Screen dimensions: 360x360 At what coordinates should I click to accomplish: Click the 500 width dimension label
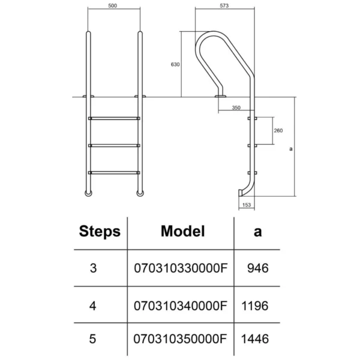(x=113, y=5)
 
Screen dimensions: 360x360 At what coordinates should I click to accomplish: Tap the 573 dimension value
(x=224, y=5)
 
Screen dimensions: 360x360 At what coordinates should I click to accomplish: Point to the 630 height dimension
(x=175, y=65)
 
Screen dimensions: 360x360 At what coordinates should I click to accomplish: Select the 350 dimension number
(x=236, y=107)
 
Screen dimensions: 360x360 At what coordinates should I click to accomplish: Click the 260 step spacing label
(x=278, y=130)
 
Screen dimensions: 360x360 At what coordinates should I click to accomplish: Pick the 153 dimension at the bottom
(x=247, y=205)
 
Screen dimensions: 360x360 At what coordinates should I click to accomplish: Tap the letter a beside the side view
(x=291, y=149)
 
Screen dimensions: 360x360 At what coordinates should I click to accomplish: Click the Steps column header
(x=100, y=232)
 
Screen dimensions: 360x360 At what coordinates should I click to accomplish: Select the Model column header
(x=183, y=231)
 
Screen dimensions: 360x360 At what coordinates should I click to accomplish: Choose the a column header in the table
(x=257, y=232)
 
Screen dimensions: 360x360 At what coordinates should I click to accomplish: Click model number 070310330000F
(x=181, y=268)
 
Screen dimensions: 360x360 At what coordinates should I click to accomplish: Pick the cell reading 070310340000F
(x=181, y=306)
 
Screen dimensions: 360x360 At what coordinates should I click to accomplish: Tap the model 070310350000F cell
(x=180, y=339)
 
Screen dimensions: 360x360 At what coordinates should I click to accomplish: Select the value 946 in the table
(x=258, y=268)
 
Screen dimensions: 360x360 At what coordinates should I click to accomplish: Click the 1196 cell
(x=255, y=306)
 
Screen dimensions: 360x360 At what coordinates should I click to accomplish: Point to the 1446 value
(x=255, y=339)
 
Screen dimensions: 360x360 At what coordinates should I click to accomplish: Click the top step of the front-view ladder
(x=114, y=118)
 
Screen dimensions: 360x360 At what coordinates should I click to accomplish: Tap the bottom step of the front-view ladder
(x=114, y=173)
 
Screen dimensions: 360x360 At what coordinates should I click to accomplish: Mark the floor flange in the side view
(x=220, y=96)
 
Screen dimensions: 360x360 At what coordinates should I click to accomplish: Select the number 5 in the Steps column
(x=92, y=339)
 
